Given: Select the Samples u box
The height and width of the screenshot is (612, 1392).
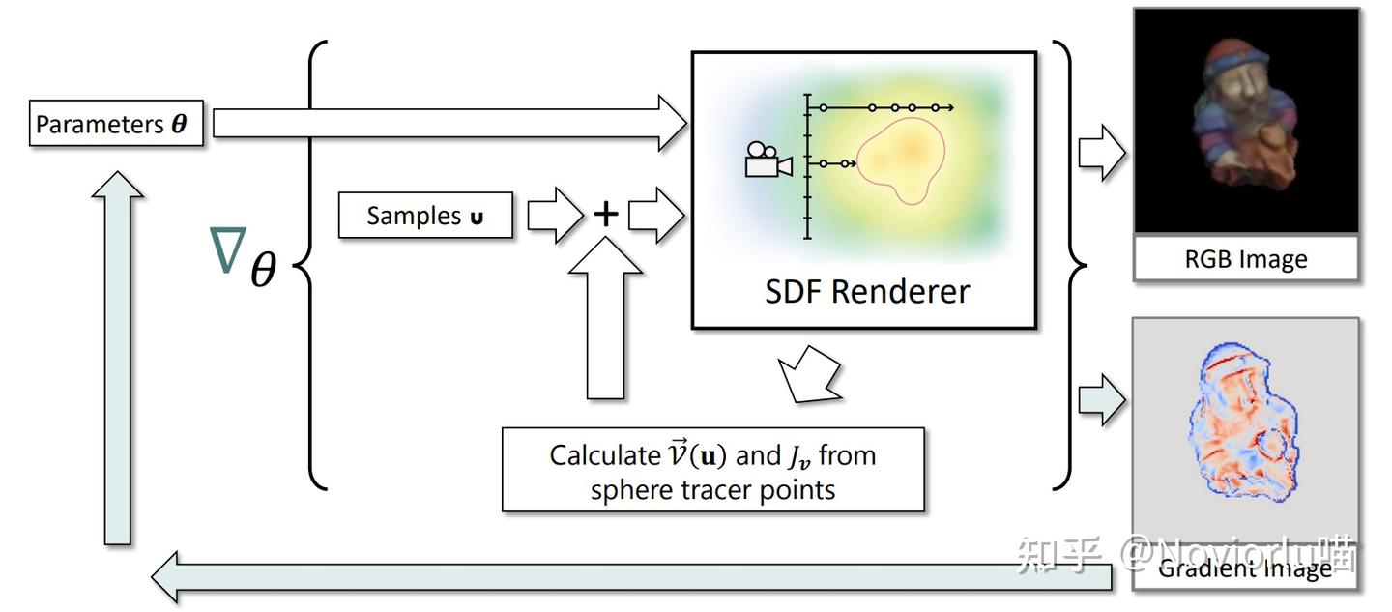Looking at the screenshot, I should [424, 215].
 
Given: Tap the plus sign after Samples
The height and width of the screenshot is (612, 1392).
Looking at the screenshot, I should [605, 214].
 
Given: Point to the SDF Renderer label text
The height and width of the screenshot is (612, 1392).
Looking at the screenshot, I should [866, 291].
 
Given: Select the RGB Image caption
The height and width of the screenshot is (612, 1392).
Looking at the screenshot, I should [1245, 259].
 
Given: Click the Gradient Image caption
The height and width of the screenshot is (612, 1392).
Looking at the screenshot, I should [1245, 568].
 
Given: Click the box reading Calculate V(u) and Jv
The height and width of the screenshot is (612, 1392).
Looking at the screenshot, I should [712, 470].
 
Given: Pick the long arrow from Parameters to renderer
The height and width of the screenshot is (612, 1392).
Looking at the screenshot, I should [445, 123].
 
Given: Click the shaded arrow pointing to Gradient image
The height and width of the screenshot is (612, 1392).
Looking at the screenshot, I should [1101, 399].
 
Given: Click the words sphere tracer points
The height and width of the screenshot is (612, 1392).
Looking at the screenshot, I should [712, 489].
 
